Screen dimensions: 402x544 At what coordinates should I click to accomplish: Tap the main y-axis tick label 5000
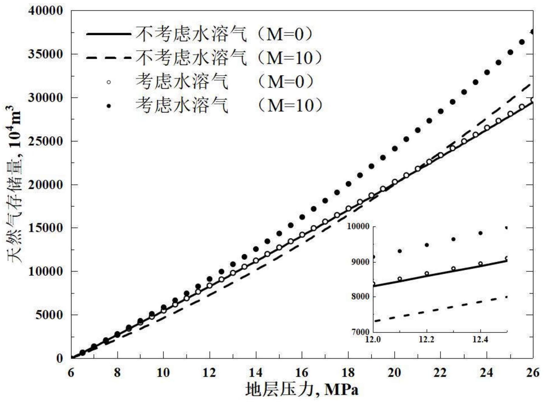click(x=49, y=315)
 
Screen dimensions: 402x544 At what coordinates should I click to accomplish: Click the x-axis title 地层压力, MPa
click(x=302, y=389)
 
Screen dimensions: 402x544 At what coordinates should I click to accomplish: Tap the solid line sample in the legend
click(x=108, y=34)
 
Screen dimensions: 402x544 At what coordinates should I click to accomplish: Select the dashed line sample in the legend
click(x=108, y=57)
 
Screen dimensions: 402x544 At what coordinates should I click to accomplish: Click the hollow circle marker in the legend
click(x=108, y=82)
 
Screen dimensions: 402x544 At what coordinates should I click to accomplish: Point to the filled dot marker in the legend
click(x=108, y=106)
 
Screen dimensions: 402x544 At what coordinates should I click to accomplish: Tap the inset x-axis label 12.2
click(x=426, y=339)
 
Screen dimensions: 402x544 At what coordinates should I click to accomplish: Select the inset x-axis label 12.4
click(x=480, y=339)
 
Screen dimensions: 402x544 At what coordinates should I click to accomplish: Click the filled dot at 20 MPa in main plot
click(x=394, y=149)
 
